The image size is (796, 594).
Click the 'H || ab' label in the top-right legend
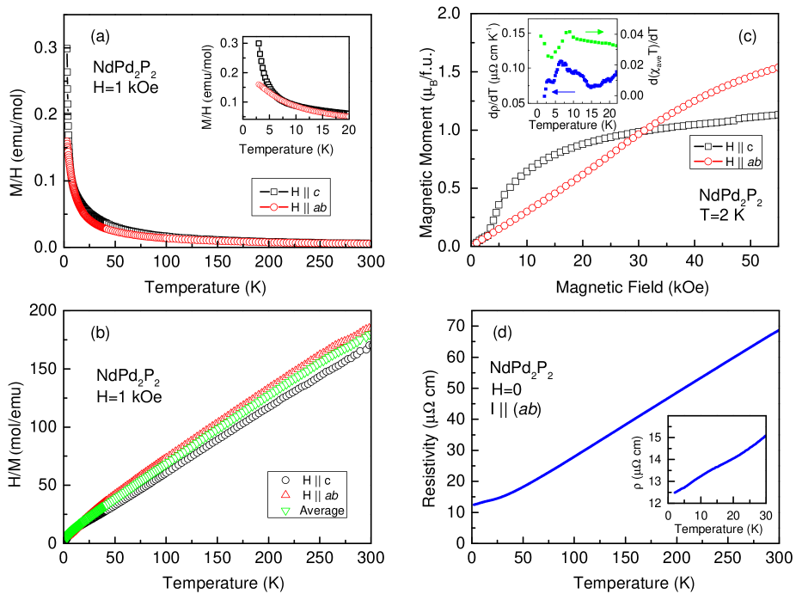point(744,161)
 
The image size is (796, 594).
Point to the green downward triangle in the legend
point(285,511)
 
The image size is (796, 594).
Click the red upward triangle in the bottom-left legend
point(285,495)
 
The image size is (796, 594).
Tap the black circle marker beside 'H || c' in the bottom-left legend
point(285,480)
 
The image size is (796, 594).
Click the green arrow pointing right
point(595,32)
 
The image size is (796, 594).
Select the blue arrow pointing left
point(563,91)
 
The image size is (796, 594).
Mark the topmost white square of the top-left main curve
point(67,47)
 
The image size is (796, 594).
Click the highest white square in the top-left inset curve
point(258,42)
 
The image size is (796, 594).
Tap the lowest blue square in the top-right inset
point(544,96)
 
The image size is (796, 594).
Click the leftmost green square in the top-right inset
point(540,36)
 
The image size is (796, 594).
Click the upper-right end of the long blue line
point(778,331)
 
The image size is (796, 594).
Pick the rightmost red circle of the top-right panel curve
point(777,67)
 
